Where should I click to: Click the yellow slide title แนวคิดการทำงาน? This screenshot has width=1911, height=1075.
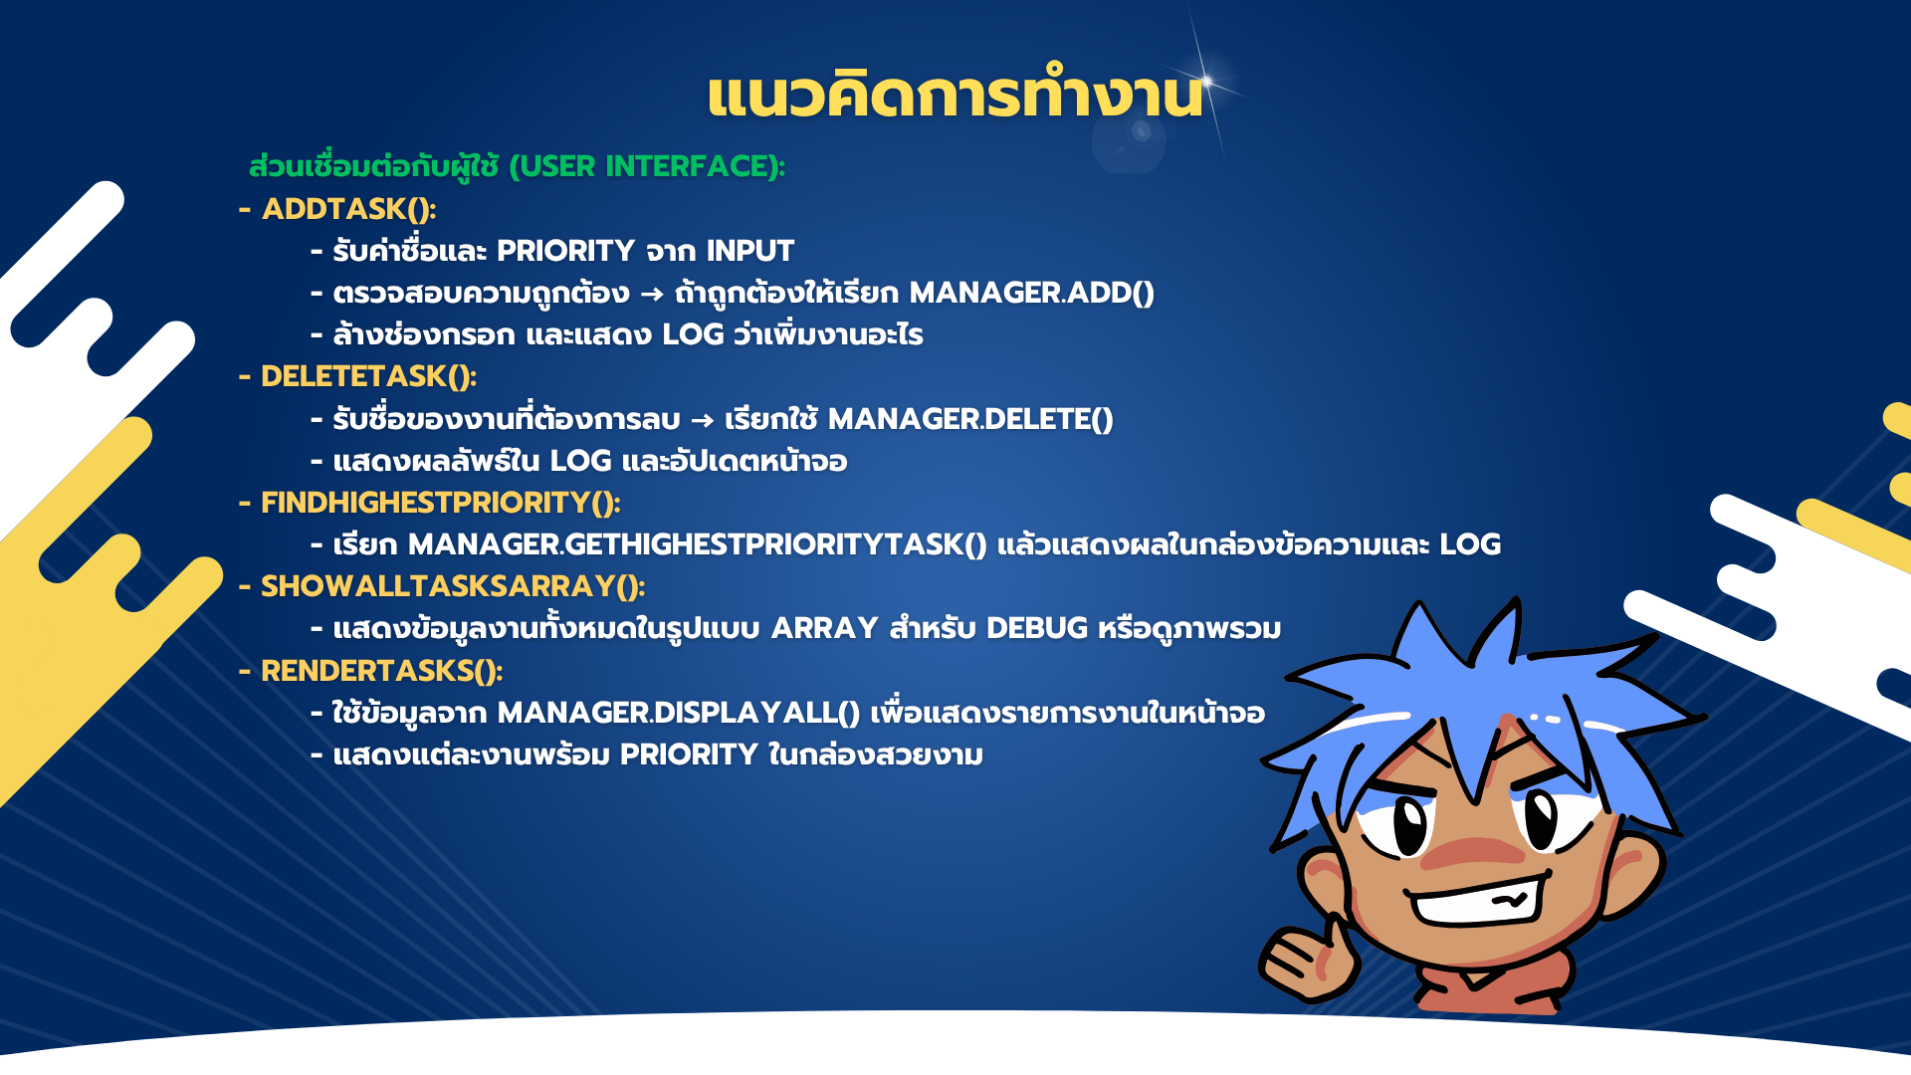pyautogui.click(x=955, y=95)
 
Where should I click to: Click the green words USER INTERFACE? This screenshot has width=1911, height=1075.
pyautogui.click(x=645, y=166)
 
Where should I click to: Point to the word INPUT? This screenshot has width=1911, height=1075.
pyautogui.click(x=750, y=251)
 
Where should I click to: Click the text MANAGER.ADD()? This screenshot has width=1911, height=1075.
pyautogui.click(x=1032, y=293)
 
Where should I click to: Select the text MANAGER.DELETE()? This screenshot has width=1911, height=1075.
pyautogui.click(x=970, y=419)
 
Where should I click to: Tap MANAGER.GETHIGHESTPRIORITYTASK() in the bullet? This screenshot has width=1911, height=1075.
pyautogui.click(x=698, y=544)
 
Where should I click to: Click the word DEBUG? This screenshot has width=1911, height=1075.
pyautogui.click(x=1037, y=628)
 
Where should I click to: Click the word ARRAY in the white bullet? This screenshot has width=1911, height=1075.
pyautogui.click(x=825, y=628)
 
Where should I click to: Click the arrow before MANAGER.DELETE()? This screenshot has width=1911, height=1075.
pyautogui.click(x=703, y=421)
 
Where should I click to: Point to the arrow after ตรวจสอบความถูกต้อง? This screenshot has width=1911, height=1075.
pyautogui.click(x=652, y=295)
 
